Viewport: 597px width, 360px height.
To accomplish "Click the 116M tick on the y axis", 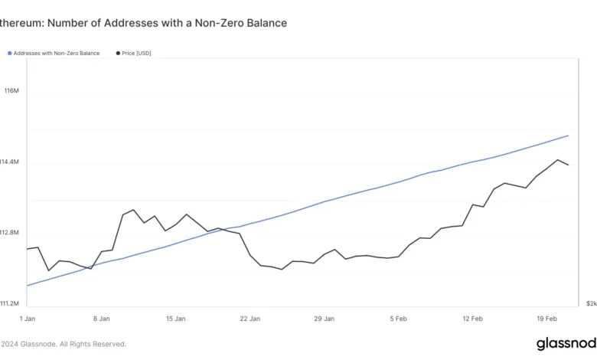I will [11, 91].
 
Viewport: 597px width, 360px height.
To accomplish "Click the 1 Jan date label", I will [27, 318].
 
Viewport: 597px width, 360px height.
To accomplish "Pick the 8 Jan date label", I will [101, 318].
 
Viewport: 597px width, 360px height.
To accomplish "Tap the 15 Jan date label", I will [175, 318].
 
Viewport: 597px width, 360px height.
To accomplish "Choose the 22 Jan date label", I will [250, 318].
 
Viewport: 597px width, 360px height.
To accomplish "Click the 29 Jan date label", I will [324, 318].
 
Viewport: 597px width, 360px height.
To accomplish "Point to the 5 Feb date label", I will [399, 318].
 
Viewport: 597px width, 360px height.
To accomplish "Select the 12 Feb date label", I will [472, 318].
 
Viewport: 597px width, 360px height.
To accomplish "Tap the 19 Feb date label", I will [546, 318].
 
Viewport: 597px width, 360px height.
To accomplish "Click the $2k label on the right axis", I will [591, 303].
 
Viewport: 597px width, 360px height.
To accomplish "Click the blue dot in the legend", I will [10, 54].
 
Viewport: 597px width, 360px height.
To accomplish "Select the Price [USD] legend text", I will [138, 54].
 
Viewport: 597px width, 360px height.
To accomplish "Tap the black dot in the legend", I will [118, 54].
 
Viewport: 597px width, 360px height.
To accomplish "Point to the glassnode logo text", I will [566, 343].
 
